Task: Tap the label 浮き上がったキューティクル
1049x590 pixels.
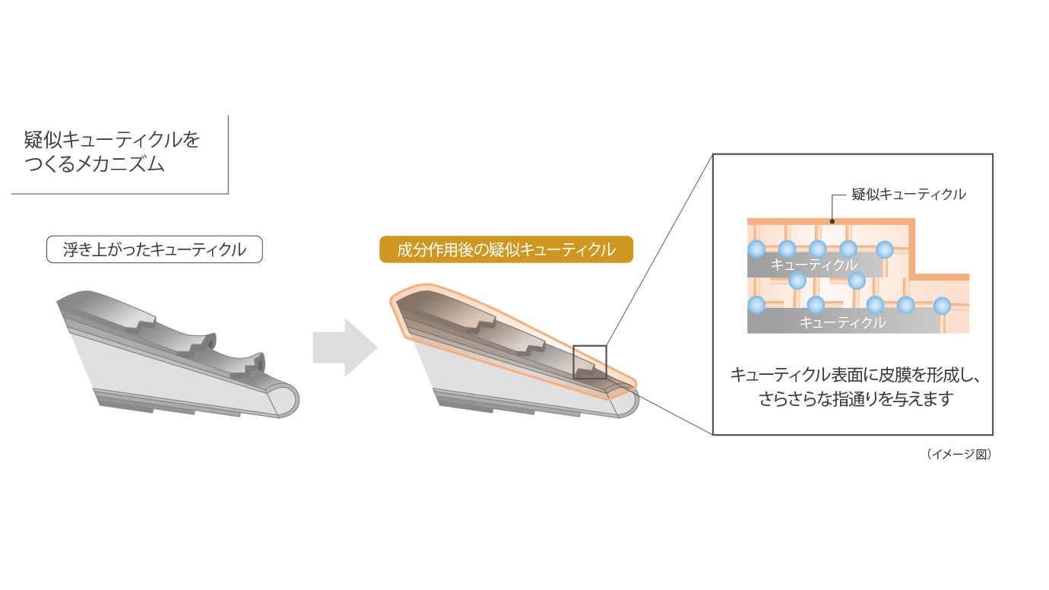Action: point(154,249)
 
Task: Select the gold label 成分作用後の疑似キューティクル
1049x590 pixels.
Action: point(505,249)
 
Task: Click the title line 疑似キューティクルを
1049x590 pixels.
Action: point(112,139)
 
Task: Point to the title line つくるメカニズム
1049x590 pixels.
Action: point(94,163)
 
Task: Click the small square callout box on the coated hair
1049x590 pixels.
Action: point(589,362)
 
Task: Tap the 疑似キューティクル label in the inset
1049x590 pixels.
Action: point(908,194)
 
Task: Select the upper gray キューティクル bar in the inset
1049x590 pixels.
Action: point(813,265)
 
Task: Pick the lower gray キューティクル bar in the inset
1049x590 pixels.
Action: point(841,322)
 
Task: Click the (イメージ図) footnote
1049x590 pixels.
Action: point(959,454)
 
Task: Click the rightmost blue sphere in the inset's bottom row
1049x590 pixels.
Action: point(942,306)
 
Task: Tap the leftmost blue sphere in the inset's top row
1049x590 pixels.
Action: point(756,249)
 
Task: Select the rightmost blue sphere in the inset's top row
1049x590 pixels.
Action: point(884,249)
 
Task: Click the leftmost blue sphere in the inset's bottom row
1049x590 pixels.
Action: point(756,306)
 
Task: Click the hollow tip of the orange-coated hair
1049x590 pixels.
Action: point(624,401)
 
